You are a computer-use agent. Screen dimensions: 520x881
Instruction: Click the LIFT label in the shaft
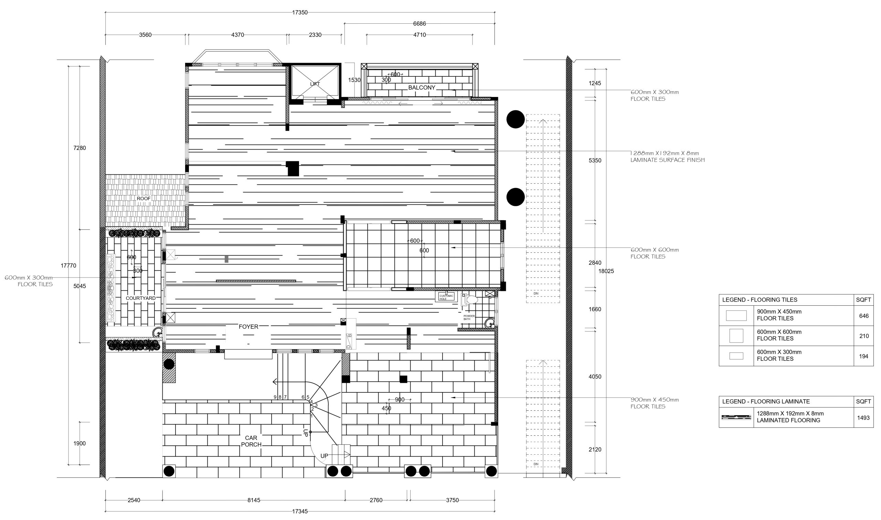pos(315,84)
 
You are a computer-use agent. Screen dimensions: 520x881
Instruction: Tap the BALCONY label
pos(422,88)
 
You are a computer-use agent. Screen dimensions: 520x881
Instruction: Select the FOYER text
pos(248,327)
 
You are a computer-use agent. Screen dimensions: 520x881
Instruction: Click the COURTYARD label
pos(140,299)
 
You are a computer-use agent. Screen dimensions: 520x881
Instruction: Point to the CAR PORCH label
pos(251,441)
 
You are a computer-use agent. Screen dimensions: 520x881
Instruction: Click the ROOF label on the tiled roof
pos(144,199)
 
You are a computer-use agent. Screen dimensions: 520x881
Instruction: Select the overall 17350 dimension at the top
pos(300,13)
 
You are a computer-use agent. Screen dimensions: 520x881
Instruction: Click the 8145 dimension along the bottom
pos(254,500)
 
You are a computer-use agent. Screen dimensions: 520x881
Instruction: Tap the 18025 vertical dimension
pos(606,271)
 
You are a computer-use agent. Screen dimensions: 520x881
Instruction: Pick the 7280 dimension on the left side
pos(79,148)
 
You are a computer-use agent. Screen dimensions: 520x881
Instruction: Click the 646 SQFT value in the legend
pos(864,316)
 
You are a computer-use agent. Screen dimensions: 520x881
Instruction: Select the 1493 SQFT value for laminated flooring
pos(863,418)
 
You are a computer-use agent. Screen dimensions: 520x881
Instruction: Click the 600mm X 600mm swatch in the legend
pos(736,336)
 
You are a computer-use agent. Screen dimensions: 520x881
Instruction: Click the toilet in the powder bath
pos(470,300)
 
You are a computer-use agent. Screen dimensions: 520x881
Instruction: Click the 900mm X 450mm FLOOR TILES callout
pos(655,403)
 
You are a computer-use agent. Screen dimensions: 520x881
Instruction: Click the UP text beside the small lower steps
pos(324,456)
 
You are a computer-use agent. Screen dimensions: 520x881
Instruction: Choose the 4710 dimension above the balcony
pos(419,35)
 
